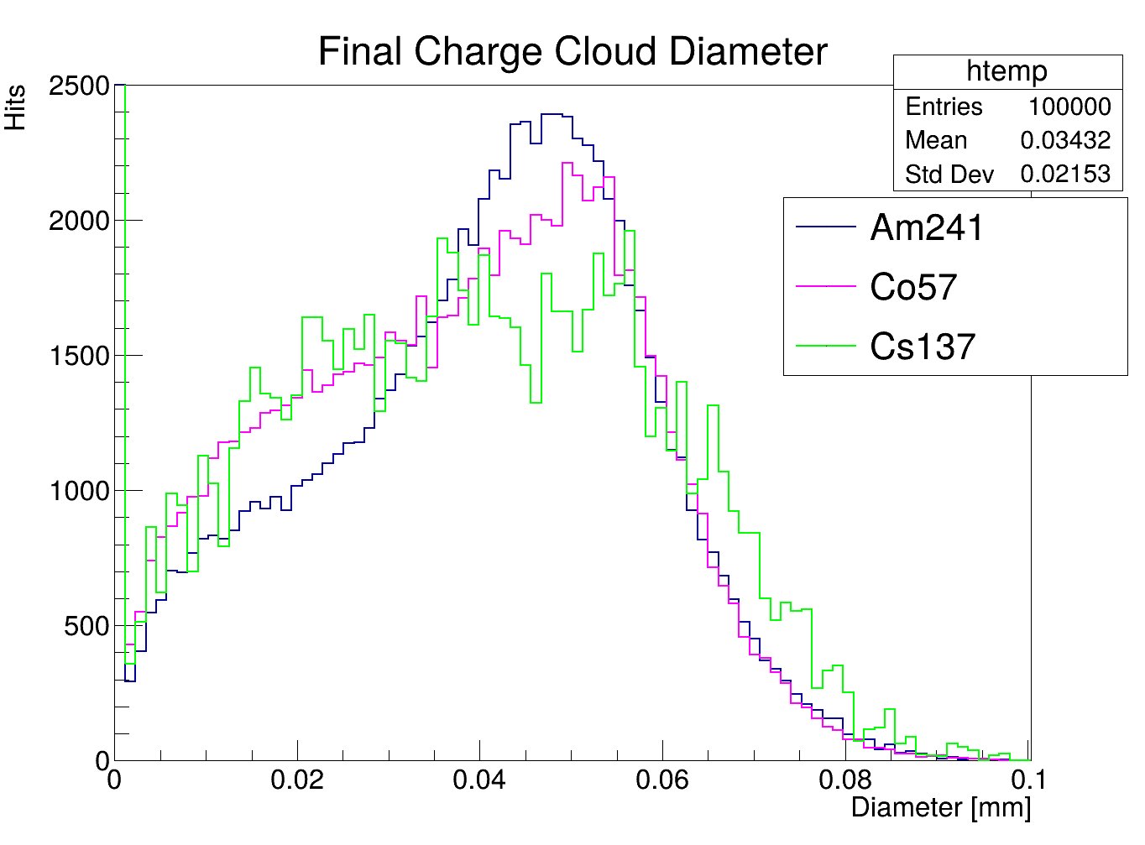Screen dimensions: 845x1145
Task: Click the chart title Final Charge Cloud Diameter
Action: point(572,52)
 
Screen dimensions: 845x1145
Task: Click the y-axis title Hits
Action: point(16,107)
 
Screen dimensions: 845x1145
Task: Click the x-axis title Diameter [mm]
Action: point(940,807)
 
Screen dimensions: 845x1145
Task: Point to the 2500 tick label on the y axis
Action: point(79,86)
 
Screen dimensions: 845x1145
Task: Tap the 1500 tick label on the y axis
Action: point(79,356)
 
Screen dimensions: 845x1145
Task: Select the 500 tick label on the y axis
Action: point(86,626)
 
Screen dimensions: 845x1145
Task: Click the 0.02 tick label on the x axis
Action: point(296,780)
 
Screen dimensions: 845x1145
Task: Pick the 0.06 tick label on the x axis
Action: point(662,780)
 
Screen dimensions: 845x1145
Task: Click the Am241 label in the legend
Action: point(926,227)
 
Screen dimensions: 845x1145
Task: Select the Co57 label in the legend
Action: point(913,287)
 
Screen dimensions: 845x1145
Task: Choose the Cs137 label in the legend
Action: point(923,347)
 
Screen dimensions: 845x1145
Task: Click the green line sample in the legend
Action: point(826,346)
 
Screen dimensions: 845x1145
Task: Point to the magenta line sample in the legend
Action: point(826,286)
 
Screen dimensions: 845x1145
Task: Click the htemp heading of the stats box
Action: point(1006,71)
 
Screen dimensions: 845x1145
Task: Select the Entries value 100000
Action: point(1069,107)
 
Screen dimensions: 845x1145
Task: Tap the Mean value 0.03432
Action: point(1065,140)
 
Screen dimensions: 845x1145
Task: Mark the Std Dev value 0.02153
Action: point(1065,174)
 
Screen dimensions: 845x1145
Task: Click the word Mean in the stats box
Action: point(936,140)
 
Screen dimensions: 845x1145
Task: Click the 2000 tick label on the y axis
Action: point(79,221)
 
